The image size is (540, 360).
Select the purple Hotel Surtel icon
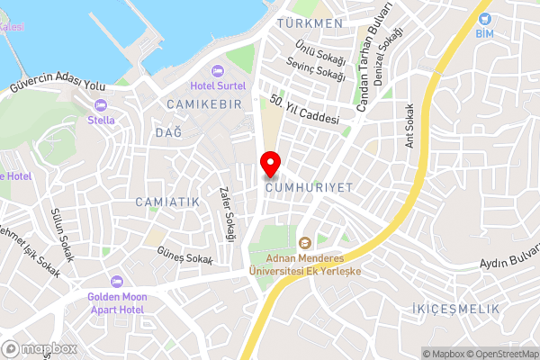[x=216, y=72]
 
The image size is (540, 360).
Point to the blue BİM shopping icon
[x=486, y=18]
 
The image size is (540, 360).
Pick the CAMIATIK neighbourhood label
[x=167, y=202]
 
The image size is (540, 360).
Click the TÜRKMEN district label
[x=310, y=22]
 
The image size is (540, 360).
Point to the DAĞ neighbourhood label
[x=168, y=132]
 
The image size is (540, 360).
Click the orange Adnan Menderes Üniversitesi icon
[x=304, y=242]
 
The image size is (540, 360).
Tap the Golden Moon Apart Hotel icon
[x=115, y=282]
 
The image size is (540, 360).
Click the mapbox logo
[x=40, y=349]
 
